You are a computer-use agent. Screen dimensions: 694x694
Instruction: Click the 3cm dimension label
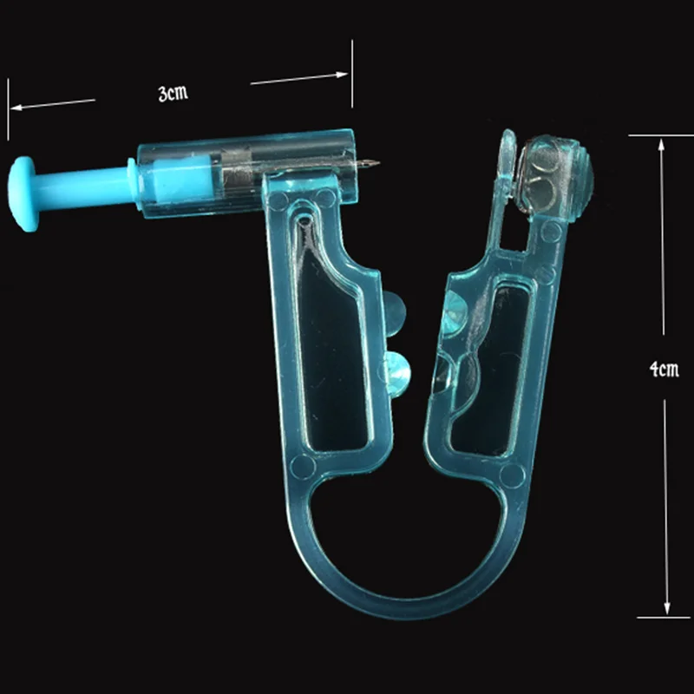tap(173, 94)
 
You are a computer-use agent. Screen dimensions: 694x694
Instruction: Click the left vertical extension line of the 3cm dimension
tap(8, 108)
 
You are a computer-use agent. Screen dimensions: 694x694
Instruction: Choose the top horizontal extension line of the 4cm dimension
tap(659, 135)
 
